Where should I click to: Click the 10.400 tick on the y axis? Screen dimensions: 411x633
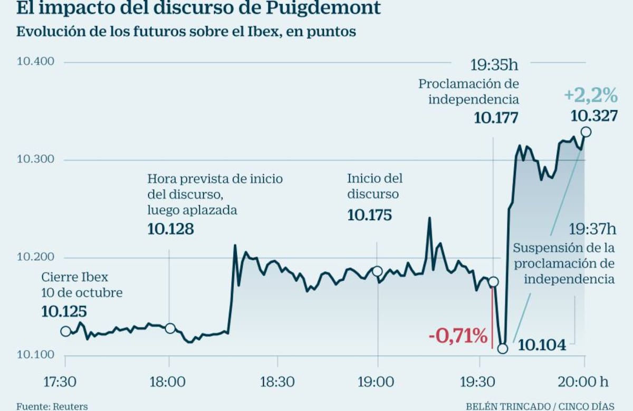[36, 62]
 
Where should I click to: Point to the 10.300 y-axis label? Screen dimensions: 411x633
[36, 160]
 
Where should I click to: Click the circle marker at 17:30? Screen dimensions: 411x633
[65, 331]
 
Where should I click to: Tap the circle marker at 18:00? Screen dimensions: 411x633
[170, 328]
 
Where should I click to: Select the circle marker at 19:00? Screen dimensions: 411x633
[377, 271]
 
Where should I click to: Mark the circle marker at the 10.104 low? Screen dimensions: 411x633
[503, 349]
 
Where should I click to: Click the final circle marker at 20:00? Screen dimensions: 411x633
[586, 132]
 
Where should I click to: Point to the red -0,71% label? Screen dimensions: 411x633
[458, 336]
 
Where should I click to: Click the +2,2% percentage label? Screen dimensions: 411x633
[591, 95]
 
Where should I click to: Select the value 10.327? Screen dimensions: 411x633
[594, 116]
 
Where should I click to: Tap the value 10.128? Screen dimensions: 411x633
[170, 229]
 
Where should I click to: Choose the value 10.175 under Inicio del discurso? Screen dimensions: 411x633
[369, 215]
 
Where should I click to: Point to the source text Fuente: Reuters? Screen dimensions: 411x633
[52, 406]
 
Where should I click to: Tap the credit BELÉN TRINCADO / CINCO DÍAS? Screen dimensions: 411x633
[540, 406]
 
